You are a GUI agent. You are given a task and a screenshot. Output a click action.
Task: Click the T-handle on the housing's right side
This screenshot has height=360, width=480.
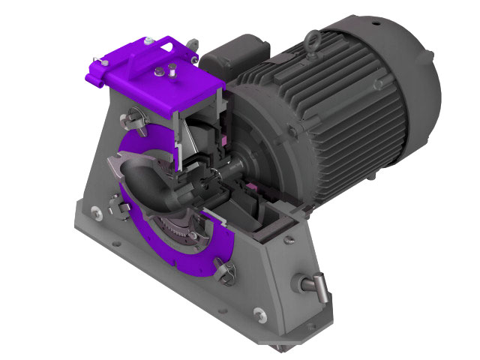pyautogui.click(x=313, y=284)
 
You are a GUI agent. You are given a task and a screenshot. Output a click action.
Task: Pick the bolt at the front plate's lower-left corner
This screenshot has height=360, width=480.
pyautogui.click(x=94, y=211)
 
